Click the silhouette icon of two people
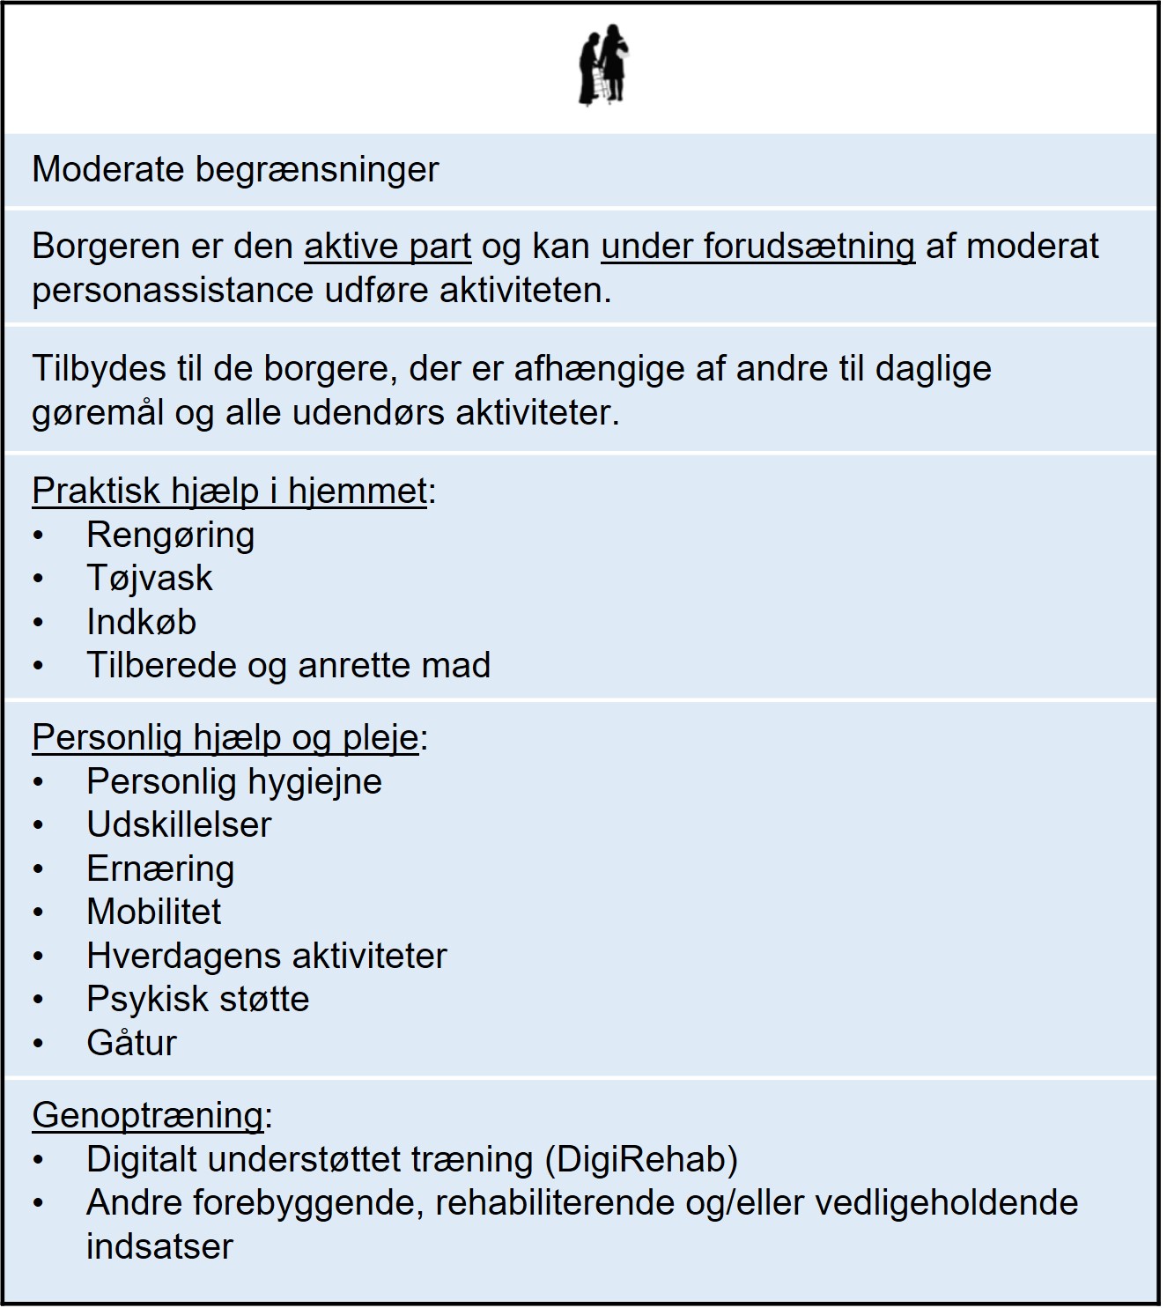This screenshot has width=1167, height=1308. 604,69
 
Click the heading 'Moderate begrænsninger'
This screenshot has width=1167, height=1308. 235,169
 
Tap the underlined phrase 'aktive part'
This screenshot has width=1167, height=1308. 388,247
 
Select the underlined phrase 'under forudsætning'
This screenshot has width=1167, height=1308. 757,247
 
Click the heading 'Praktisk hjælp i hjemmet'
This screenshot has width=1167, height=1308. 229,491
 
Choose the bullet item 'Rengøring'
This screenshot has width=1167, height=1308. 170,535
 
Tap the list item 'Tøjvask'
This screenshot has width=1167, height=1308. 149,578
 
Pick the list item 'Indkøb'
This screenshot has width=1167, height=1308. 141,622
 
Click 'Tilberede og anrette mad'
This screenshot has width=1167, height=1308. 288,665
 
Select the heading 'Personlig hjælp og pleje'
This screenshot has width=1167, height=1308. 225,737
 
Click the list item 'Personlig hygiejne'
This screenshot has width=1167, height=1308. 233,781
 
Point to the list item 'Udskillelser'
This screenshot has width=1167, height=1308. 179,824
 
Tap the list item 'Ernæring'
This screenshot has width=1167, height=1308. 160,868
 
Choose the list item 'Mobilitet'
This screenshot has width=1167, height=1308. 154,912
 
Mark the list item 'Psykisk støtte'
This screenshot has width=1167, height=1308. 197,999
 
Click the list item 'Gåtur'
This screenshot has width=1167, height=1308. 131,1043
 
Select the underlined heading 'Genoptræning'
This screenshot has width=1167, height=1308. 147,1115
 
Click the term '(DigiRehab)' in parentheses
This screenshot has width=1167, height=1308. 641,1159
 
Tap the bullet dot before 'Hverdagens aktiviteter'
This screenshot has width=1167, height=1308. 38,957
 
